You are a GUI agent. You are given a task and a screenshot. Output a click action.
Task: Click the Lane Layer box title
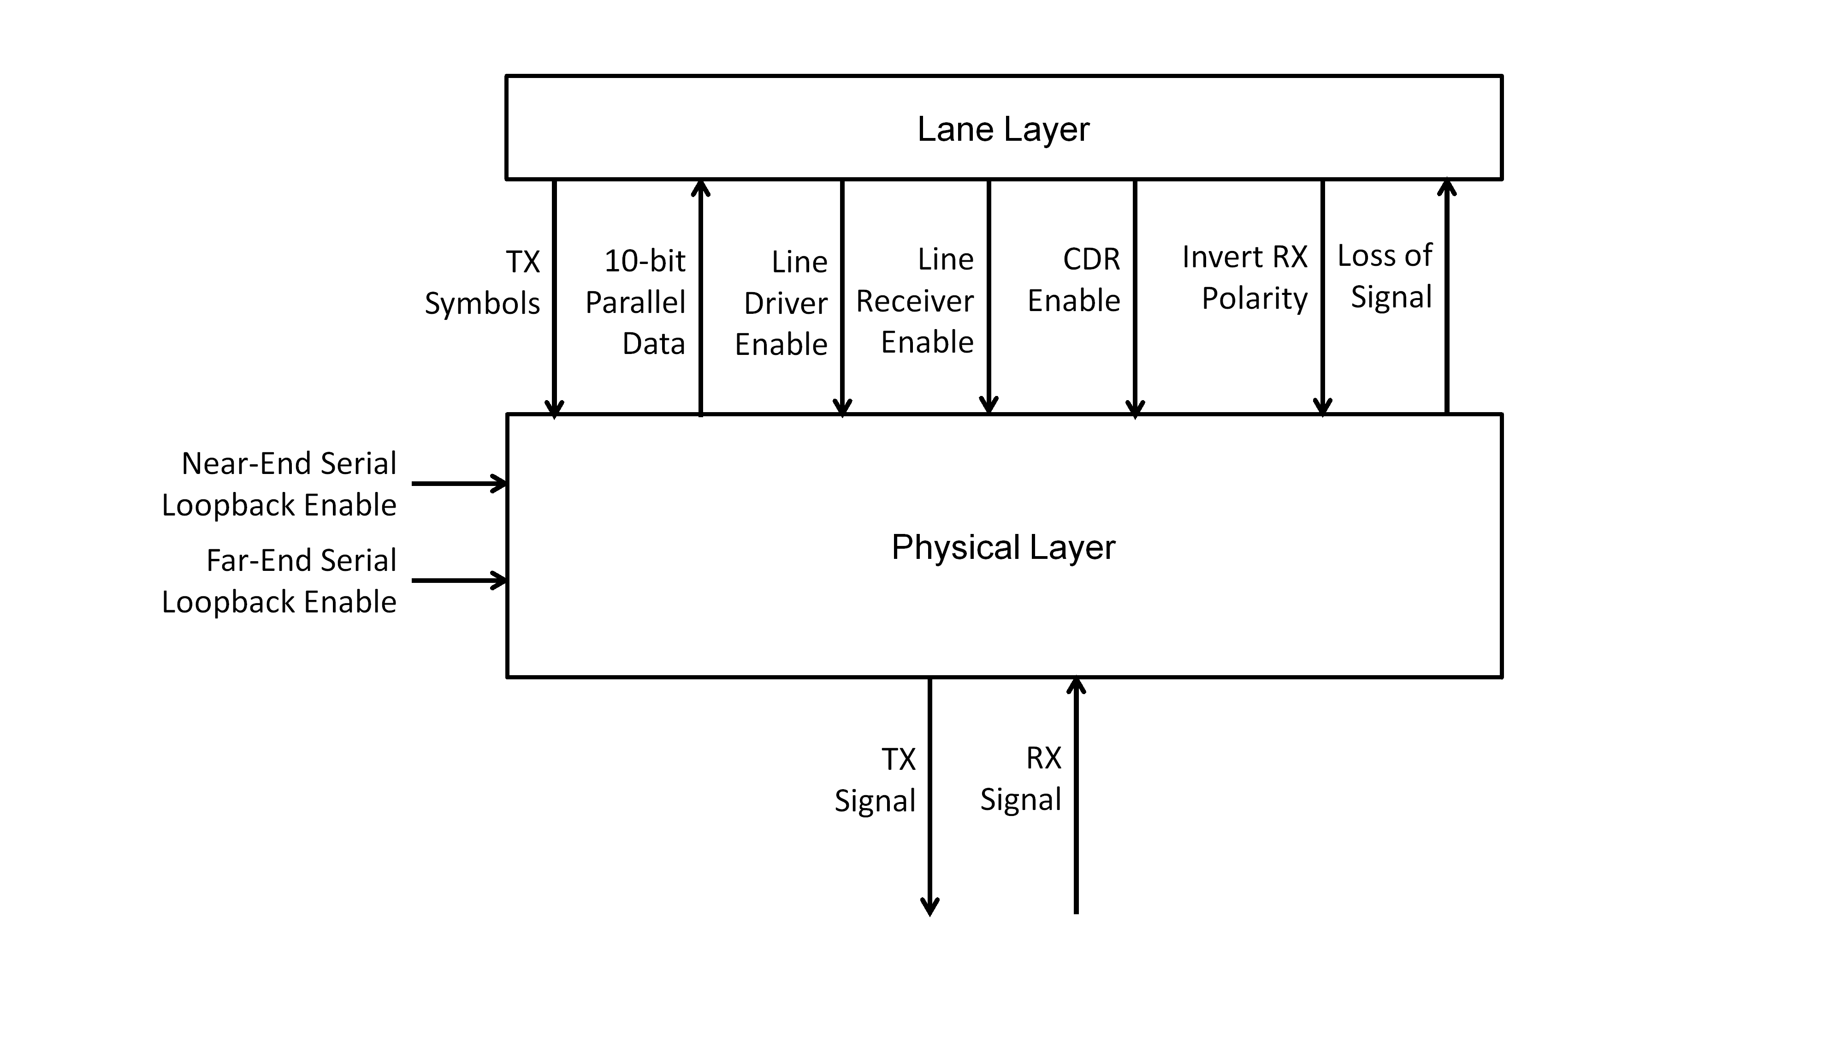(x=1003, y=129)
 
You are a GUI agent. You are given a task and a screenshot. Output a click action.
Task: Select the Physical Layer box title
(x=1003, y=547)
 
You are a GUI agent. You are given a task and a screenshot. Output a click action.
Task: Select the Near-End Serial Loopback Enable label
(x=279, y=484)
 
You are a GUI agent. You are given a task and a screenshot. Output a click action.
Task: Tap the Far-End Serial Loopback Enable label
(x=279, y=581)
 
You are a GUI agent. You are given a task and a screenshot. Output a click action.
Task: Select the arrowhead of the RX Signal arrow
(x=1076, y=687)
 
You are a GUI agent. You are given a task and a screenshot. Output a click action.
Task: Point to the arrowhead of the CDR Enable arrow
(x=1135, y=408)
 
